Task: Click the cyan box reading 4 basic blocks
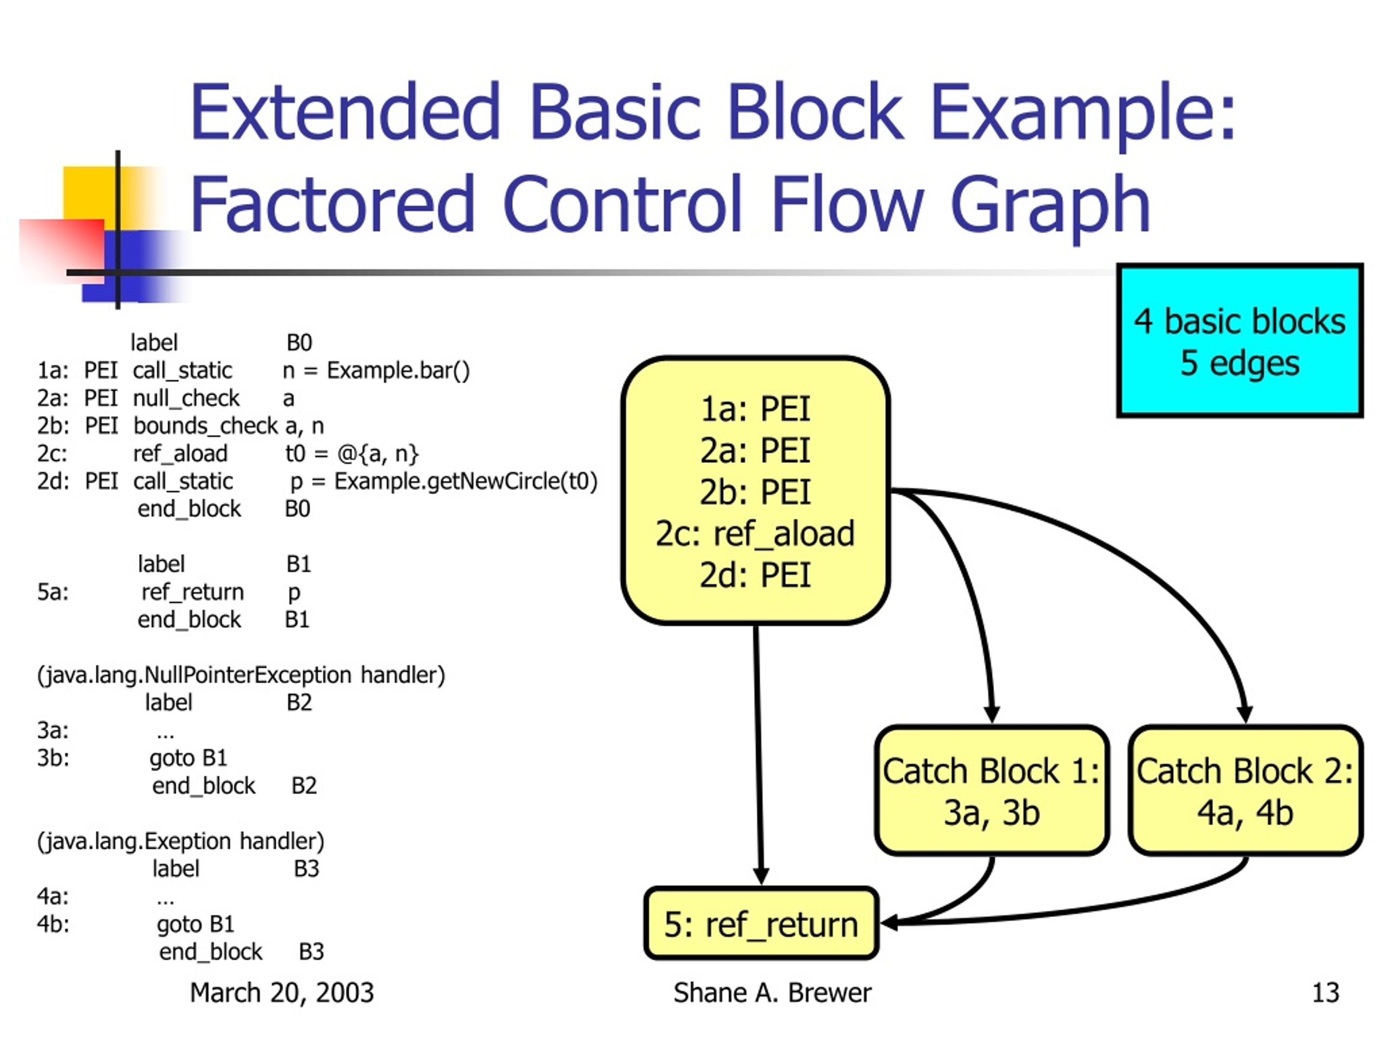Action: pos(1240,341)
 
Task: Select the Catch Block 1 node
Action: pos(992,791)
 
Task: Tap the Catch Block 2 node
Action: pos(1245,791)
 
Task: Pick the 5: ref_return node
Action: pos(761,923)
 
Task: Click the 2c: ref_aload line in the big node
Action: pos(755,534)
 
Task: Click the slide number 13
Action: pos(1325,993)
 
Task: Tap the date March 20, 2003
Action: pos(282,993)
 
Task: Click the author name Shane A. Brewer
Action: pos(772,993)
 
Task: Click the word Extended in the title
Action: pos(345,111)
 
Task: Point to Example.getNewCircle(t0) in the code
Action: pos(465,481)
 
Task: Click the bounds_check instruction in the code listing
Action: pos(205,426)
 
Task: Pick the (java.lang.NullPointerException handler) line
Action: pos(241,675)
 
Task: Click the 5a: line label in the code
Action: pos(52,592)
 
